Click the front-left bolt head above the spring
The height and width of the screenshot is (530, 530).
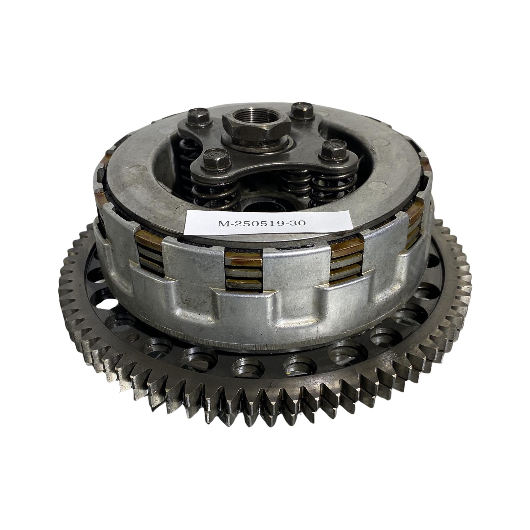click(215, 158)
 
